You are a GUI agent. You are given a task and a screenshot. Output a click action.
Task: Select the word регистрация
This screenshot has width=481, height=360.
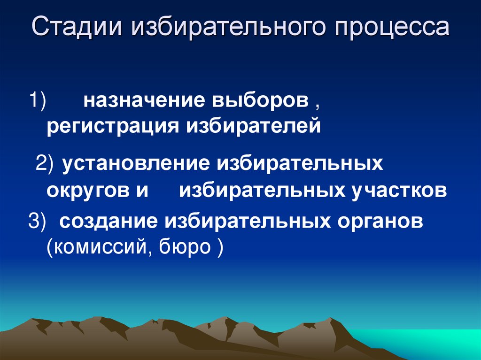pos(111,126)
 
